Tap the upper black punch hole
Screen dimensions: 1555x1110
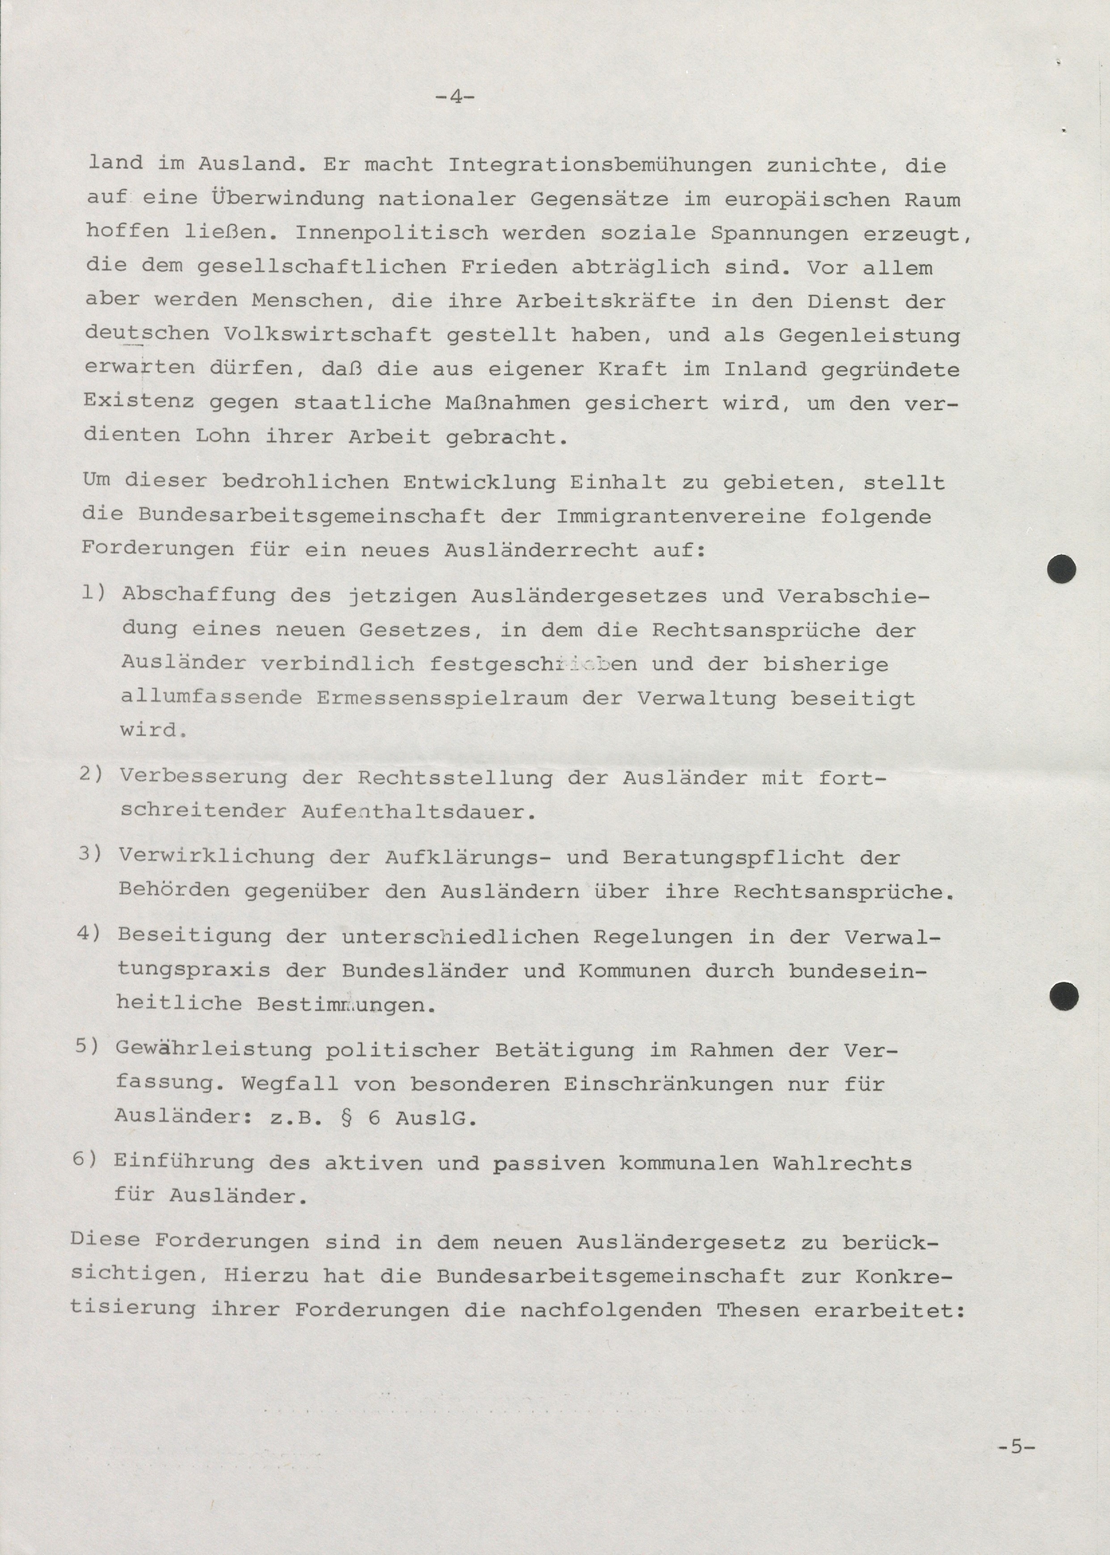pos(1061,569)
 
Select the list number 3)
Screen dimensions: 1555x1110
pos(90,854)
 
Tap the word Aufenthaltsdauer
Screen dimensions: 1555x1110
pos(417,812)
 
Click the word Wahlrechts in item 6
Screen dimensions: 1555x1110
pos(842,1163)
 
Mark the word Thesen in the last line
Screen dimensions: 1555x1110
pos(757,1310)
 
